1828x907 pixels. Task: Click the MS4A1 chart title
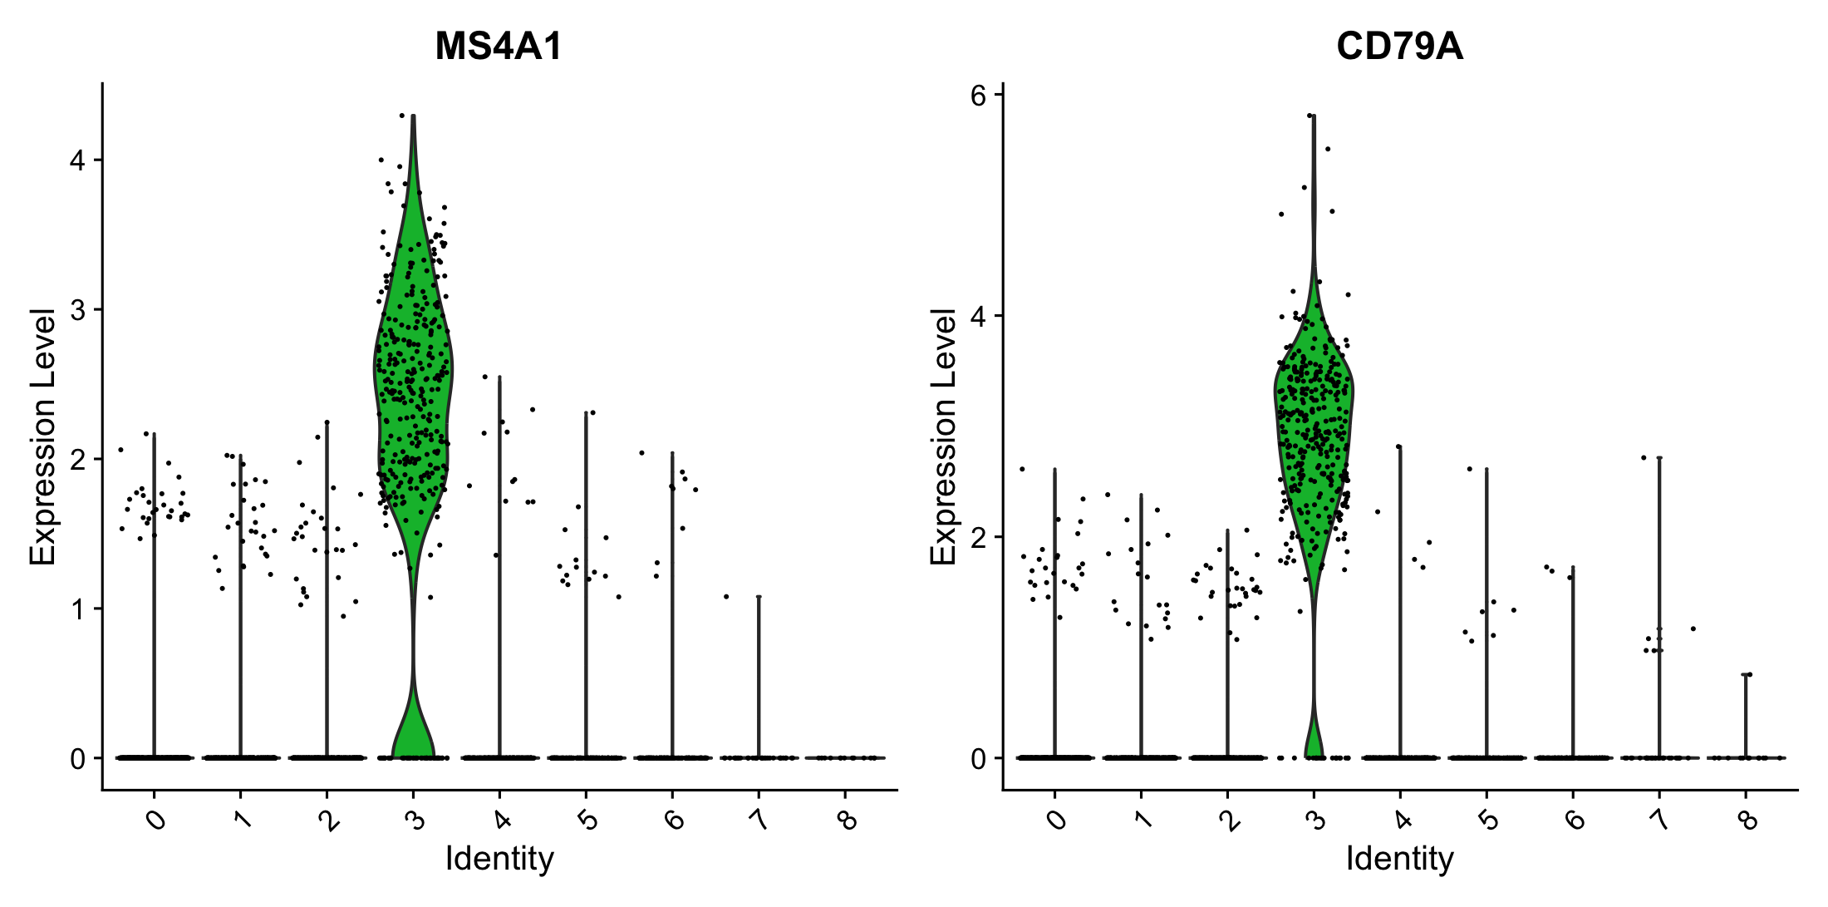(x=499, y=47)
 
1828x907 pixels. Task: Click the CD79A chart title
(x=1399, y=47)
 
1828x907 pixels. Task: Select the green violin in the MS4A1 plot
(x=413, y=374)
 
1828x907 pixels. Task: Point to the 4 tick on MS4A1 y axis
(x=78, y=160)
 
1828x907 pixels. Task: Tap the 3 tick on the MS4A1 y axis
(x=78, y=309)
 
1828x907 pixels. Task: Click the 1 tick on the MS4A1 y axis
(x=78, y=609)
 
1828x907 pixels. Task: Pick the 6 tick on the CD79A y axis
(x=978, y=96)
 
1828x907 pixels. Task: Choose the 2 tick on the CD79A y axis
(x=978, y=537)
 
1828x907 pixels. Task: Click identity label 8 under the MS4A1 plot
(x=847, y=821)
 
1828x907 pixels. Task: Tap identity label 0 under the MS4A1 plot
(x=155, y=821)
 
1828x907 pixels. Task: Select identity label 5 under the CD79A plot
(x=1488, y=821)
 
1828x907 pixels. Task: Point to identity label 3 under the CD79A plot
(x=1315, y=821)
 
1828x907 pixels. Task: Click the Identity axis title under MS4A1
(x=499, y=858)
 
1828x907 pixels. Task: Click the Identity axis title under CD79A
(x=1399, y=858)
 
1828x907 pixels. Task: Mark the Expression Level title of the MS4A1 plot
(x=43, y=436)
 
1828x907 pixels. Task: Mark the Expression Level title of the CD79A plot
(x=944, y=436)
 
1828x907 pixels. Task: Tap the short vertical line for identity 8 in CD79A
(x=1745, y=715)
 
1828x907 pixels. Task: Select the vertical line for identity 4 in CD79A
(x=1400, y=599)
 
